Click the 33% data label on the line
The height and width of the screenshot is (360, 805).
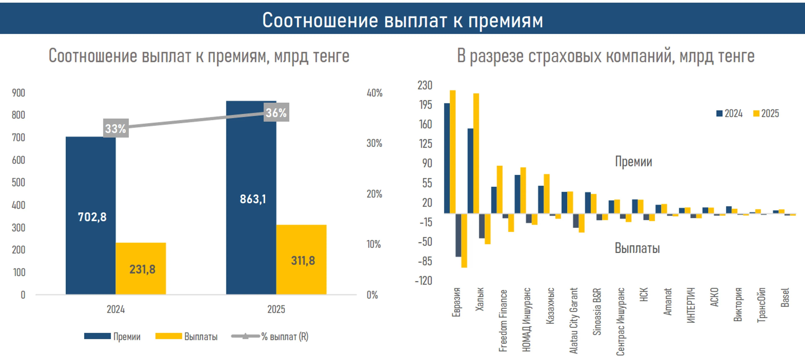coord(116,128)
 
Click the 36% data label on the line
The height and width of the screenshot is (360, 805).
coord(276,112)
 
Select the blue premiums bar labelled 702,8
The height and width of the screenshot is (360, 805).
coord(91,215)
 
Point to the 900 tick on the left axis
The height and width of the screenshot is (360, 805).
coord(18,93)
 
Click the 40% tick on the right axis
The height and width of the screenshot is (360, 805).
coord(374,93)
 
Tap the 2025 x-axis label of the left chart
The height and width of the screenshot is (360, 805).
coord(276,309)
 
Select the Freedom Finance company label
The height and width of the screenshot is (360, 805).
coord(503,320)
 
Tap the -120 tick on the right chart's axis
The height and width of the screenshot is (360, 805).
coord(424,281)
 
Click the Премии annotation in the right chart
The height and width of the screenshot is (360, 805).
coord(634,162)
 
